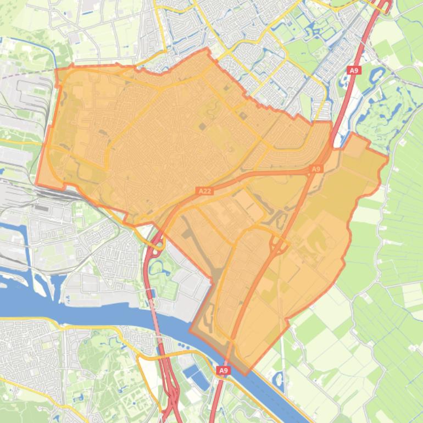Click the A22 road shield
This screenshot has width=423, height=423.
[204, 191]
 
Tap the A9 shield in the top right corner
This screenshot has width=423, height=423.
[354, 70]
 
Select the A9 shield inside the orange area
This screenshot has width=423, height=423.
[316, 169]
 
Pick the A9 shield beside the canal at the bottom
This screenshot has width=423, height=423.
[222, 371]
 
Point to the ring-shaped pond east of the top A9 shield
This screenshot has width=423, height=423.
[378, 75]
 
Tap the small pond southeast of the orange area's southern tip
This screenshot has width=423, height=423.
[279, 379]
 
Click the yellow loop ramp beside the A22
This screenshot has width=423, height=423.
[155, 242]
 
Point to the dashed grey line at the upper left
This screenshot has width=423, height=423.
[27, 73]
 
